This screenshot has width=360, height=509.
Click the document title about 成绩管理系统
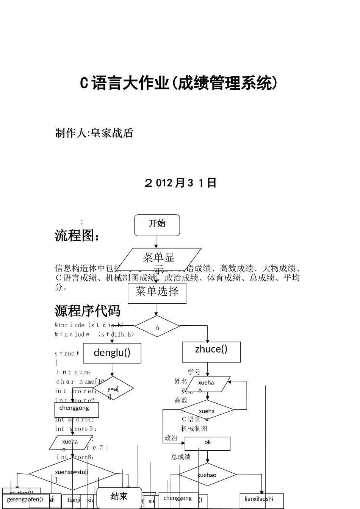(179, 83)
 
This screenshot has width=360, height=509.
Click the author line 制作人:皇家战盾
(94, 133)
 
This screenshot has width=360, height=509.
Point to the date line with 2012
(180, 183)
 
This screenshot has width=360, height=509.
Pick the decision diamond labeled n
(157, 326)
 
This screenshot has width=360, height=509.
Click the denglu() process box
(112, 353)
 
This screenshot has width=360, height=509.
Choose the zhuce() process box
(211, 352)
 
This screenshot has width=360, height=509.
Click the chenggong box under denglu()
(76, 410)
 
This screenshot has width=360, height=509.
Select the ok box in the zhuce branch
(207, 443)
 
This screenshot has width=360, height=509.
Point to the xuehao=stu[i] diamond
(72, 474)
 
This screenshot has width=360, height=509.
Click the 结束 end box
(119, 497)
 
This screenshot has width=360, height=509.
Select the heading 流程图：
(78, 236)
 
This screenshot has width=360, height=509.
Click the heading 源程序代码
(88, 311)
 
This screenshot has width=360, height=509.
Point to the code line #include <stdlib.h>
(95, 334)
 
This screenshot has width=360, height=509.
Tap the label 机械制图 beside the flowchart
(194, 429)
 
